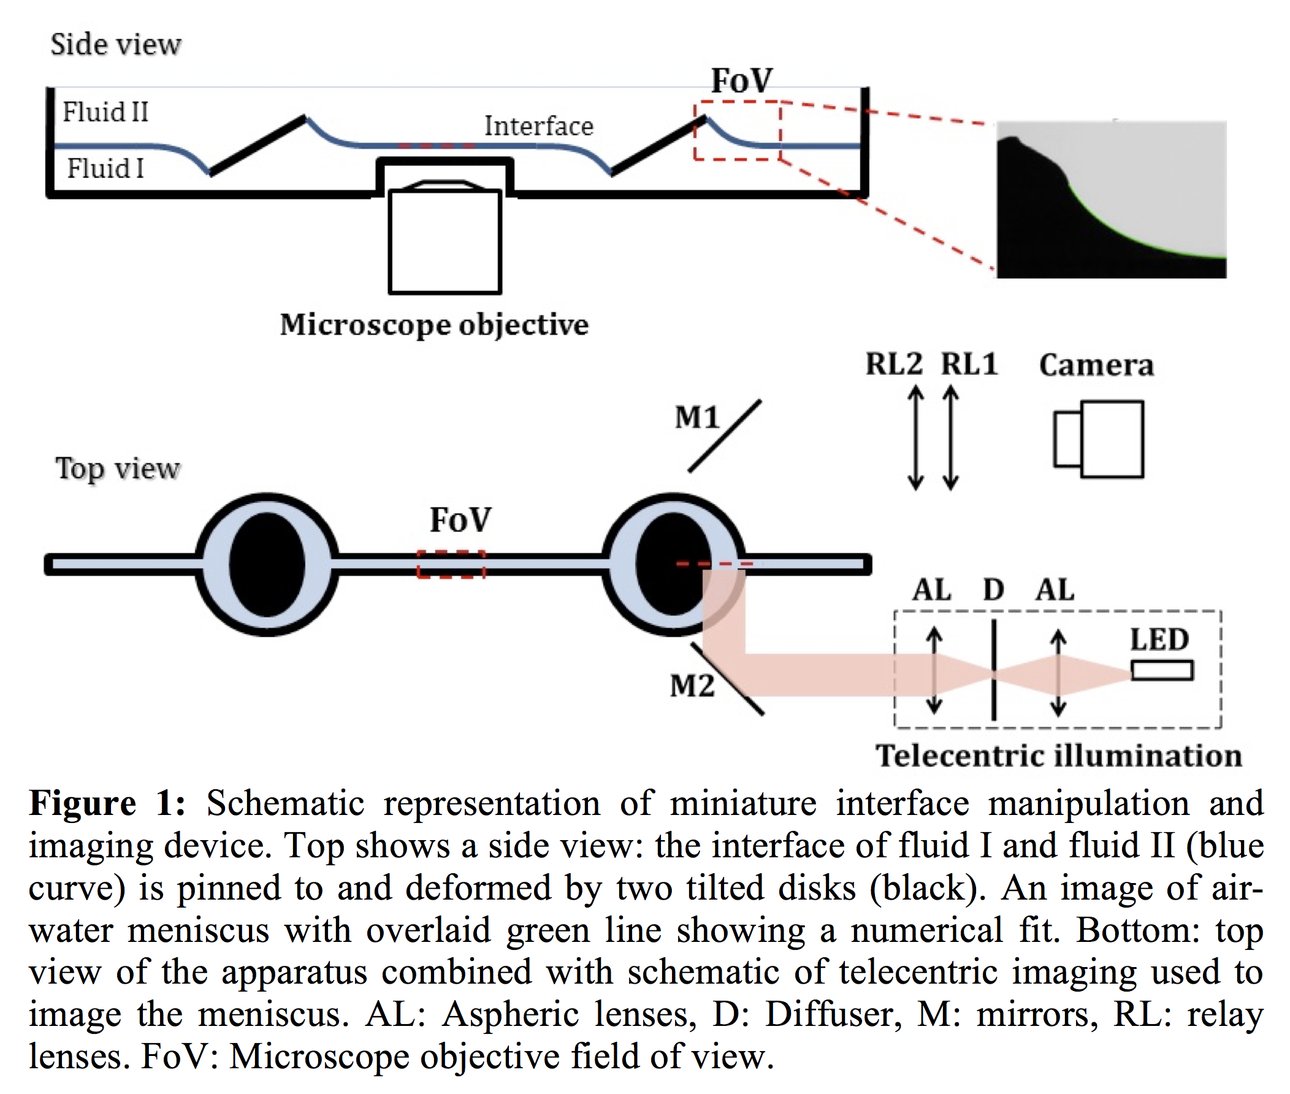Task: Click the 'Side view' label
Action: click(115, 45)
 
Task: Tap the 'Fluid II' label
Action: click(105, 112)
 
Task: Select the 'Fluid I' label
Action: click(105, 168)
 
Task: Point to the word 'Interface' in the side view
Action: click(538, 126)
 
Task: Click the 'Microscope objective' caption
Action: click(434, 324)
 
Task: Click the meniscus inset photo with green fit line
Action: click(1111, 199)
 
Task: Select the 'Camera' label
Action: click(1096, 365)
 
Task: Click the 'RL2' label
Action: click(893, 364)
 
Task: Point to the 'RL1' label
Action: click(969, 364)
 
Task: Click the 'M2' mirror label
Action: click(692, 686)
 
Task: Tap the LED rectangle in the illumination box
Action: click(1162, 670)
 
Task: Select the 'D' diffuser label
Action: click(993, 589)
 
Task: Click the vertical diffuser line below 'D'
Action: click(994, 670)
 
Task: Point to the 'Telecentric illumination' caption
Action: click(1058, 755)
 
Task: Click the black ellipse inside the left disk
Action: click(267, 564)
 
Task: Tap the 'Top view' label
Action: click(117, 469)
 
